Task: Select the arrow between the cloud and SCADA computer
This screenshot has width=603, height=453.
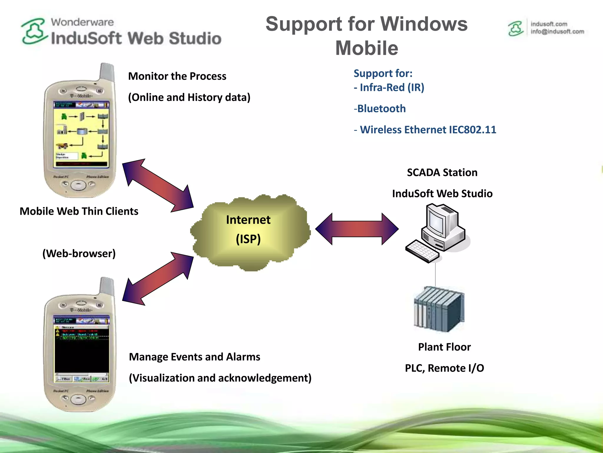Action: (x=357, y=229)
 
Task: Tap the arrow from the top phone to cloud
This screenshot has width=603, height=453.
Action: (x=158, y=186)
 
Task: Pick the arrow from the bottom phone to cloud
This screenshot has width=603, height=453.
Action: (x=158, y=278)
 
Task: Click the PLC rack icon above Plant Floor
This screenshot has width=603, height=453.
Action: (x=439, y=310)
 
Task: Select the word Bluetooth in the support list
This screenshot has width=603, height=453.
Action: (x=381, y=109)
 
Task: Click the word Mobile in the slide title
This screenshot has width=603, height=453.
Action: (x=367, y=48)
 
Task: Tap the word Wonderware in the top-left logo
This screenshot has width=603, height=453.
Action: (x=82, y=22)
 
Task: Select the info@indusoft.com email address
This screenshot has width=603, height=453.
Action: (x=557, y=32)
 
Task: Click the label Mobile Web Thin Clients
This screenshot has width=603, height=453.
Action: (x=79, y=211)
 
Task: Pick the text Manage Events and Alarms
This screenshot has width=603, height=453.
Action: (x=194, y=357)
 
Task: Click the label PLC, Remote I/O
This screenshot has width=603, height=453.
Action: (x=444, y=368)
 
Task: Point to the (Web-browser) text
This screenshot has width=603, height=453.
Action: (x=79, y=254)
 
